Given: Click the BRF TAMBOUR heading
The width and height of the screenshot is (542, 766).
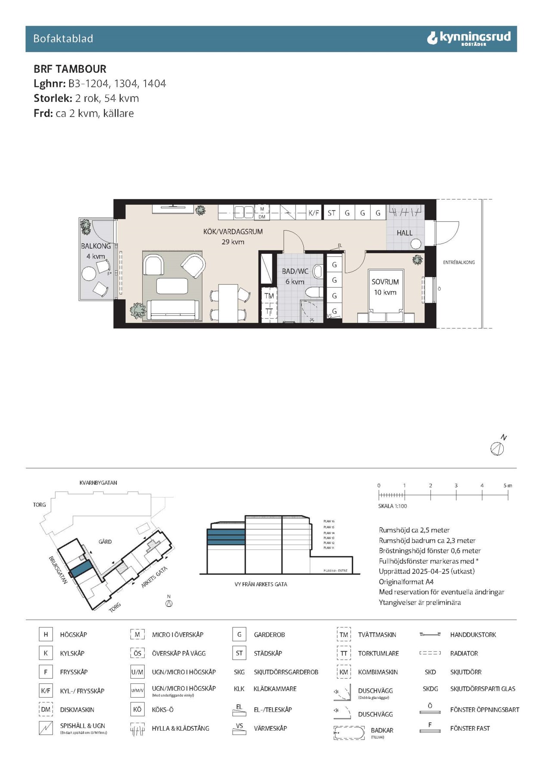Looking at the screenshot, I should [70, 69].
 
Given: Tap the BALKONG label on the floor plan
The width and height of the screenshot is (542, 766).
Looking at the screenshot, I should [96, 246].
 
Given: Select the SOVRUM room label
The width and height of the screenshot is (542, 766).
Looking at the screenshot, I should [385, 282].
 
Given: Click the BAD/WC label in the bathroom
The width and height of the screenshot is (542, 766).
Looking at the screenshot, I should [295, 272].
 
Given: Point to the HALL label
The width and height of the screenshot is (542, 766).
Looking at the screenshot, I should [404, 233].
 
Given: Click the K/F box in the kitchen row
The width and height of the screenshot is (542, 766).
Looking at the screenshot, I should [314, 213].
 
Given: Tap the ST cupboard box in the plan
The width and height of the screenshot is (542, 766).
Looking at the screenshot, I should [331, 213].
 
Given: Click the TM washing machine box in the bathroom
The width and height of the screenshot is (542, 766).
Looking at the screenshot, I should [269, 296].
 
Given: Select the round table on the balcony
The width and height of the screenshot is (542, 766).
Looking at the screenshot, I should [89, 274].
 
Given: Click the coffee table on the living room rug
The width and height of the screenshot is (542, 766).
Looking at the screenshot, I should [172, 286].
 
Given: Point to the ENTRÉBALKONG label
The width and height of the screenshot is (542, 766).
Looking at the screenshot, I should [459, 262].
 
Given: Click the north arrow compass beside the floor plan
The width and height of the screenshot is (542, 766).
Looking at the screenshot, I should [497, 448].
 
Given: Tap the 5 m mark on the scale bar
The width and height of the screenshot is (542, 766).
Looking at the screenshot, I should [508, 485].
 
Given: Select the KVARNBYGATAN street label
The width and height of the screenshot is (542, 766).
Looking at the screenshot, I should [98, 483].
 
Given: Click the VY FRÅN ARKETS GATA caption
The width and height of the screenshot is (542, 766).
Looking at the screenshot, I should [261, 584].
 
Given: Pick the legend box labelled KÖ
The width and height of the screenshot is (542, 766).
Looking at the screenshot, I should [137, 710].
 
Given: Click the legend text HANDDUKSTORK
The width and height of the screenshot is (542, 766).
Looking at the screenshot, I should [473, 635].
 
